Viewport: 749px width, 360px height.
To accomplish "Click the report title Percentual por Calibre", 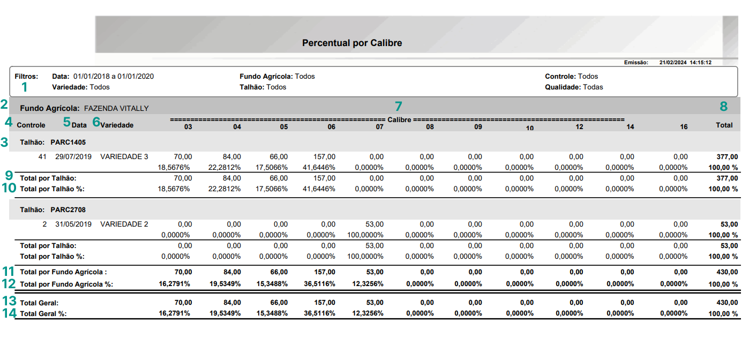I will click(x=352, y=43).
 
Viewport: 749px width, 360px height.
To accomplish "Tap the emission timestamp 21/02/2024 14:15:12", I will click(x=685, y=63).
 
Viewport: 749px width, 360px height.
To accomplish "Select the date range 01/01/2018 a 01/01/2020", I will click(x=114, y=77).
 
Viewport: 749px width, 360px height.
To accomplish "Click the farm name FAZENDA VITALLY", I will click(x=116, y=108).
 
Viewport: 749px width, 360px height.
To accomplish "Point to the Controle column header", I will click(x=31, y=125).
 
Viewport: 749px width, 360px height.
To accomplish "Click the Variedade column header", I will click(x=117, y=125).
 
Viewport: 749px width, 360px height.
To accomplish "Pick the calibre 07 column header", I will click(x=379, y=127).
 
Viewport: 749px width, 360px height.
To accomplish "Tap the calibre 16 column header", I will click(x=684, y=127).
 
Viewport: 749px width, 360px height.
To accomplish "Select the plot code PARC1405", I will click(x=68, y=142).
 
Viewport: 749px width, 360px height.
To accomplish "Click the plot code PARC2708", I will click(x=68, y=209).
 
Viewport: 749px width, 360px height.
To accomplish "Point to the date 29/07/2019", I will click(x=74, y=157).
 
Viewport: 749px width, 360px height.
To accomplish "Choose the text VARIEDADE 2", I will click(x=124, y=224).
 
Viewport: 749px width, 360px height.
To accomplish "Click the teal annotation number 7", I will click(x=398, y=106).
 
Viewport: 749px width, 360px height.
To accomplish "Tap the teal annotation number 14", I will click(x=9, y=313).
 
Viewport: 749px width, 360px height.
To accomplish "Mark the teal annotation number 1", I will click(x=24, y=87).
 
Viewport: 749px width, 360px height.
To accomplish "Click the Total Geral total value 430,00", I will click(x=726, y=303).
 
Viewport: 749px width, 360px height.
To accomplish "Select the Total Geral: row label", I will click(x=39, y=303).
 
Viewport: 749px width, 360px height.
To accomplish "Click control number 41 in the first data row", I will click(x=42, y=157).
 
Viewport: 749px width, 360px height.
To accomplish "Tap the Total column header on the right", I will click(x=724, y=125).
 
